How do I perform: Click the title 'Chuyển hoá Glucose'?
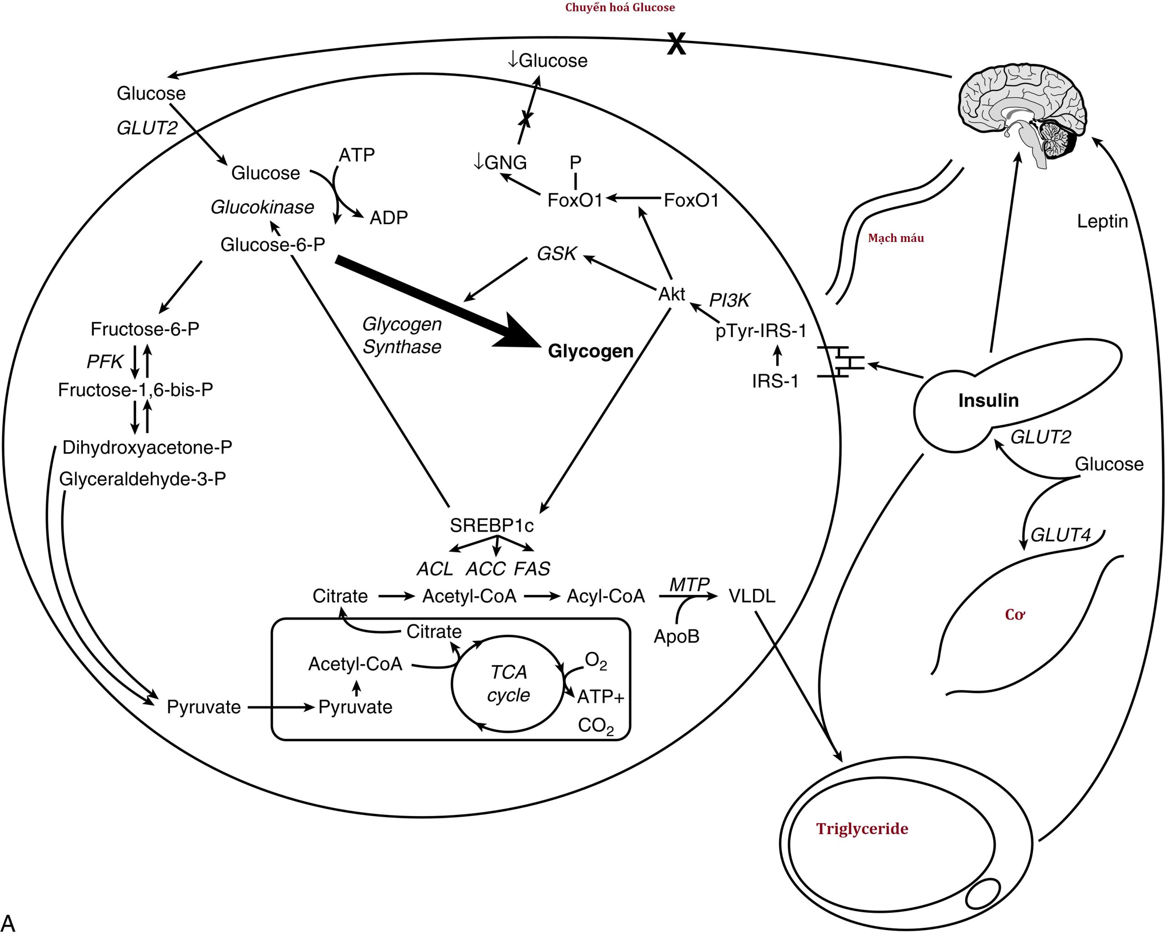(620, 8)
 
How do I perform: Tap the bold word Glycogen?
(590, 351)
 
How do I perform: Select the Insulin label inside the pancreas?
(988, 400)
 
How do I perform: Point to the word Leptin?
(1102, 221)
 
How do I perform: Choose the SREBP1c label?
(492, 525)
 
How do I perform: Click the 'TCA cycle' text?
(508, 683)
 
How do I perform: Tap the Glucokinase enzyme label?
(262, 207)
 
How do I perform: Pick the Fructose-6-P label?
(145, 329)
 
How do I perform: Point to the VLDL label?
(752, 596)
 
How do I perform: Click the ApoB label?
(677, 636)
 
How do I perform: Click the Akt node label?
(672, 294)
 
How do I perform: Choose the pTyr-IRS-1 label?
(761, 331)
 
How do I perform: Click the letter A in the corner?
(9, 922)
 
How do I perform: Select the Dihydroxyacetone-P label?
(147, 447)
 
